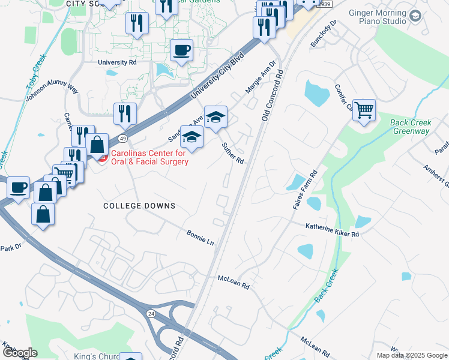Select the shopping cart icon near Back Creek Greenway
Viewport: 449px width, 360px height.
[364, 110]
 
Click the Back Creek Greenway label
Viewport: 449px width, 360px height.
[410, 127]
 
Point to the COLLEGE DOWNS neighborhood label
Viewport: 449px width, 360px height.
[139, 206]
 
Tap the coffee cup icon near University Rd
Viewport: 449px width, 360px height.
[181, 50]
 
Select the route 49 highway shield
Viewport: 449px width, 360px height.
[123, 138]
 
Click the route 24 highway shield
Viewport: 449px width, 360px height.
[151, 313]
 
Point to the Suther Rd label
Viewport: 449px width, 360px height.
[232, 153]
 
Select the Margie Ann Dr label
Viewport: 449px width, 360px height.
[260, 77]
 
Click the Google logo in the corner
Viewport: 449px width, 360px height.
[20, 352]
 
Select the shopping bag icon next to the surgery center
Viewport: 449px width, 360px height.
[97, 145]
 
